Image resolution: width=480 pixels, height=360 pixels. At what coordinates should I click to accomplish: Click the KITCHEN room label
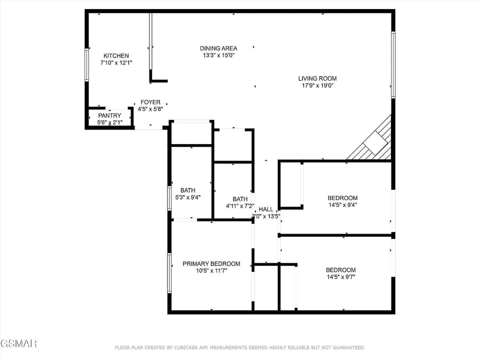(x=116, y=55)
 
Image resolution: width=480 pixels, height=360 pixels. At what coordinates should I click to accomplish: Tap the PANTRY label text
(x=109, y=115)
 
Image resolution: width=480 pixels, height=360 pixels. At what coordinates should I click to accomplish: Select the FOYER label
(x=150, y=102)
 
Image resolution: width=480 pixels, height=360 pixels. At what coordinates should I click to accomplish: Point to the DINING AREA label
(x=218, y=48)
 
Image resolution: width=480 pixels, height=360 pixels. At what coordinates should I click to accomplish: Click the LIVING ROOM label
(x=317, y=78)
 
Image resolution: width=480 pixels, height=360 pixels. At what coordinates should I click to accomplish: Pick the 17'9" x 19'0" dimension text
(x=317, y=85)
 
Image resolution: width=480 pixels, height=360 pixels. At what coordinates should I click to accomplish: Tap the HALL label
(x=266, y=209)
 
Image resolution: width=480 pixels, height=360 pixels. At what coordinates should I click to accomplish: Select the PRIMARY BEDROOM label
(x=211, y=263)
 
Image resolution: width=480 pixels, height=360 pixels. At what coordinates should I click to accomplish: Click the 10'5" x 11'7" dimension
(x=211, y=270)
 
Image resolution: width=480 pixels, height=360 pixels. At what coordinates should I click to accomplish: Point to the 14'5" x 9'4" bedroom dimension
(x=342, y=205)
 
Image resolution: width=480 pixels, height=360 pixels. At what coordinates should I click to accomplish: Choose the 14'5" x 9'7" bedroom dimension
(x=341, y=277)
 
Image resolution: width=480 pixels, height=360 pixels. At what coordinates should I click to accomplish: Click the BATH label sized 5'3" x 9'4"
(x=188, y=190)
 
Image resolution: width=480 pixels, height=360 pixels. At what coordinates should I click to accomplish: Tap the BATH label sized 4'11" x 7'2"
(x=240, y=198)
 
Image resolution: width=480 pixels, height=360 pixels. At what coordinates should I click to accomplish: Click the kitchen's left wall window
(x=87, y=64)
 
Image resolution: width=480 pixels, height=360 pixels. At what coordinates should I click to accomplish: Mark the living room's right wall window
(x=393, y=64)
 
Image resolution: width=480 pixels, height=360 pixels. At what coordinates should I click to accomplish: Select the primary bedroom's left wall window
(x=169, y=273)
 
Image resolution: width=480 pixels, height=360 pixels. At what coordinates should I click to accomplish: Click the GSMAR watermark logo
(x=18, y=343)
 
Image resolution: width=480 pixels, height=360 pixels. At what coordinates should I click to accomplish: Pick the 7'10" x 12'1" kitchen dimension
(x=116, y=62)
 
